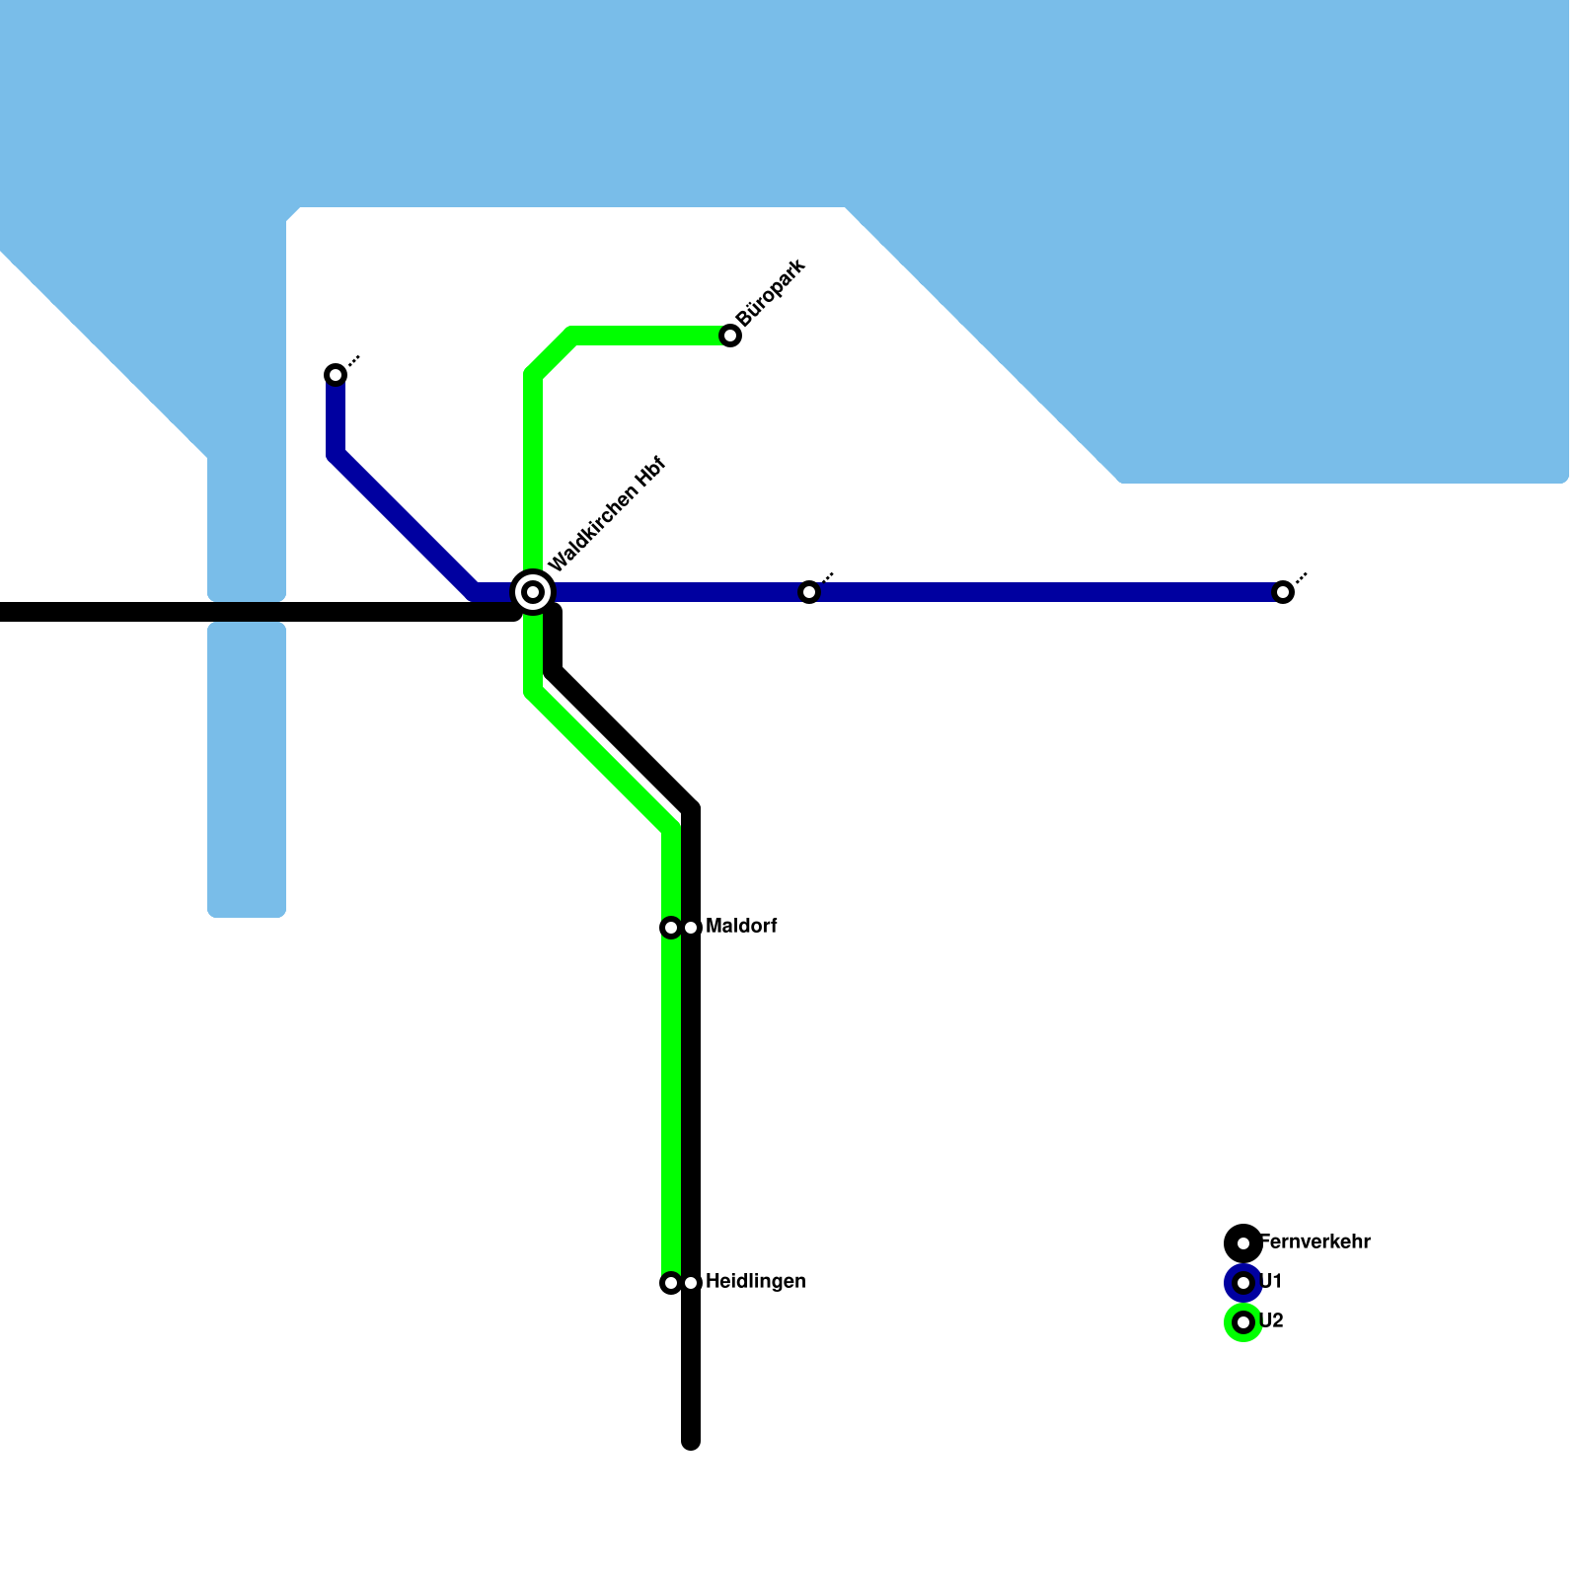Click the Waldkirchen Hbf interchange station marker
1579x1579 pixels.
tap(533, 592)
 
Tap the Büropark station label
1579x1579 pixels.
tap(771, 292)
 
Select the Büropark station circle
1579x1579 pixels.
tap(730, 336)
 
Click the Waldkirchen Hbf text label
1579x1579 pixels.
tap(608, 514)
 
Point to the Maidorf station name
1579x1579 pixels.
tap(741, 927)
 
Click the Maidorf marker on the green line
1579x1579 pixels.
tap(671, 928)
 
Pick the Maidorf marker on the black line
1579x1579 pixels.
tap(692, 928)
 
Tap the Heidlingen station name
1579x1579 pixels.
tap(755, 1282)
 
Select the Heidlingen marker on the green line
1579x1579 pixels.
tap(671, 1283)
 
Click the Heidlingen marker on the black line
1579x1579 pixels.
tap(692, 1283)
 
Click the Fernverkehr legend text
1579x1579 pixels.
tap(1316, 1242)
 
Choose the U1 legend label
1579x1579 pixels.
tap(1271, 1282)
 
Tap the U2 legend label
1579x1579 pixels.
tap(1272, 1321)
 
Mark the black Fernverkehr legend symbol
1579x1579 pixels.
tap(1243, 1242)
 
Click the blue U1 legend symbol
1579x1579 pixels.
tap(1243, 1283)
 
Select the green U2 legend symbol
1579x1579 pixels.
tap(1243, 1322)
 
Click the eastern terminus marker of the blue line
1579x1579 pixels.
tap(1283, 592)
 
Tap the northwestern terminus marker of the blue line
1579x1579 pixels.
tap(336, 375)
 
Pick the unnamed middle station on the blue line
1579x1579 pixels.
tap(809, 592)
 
